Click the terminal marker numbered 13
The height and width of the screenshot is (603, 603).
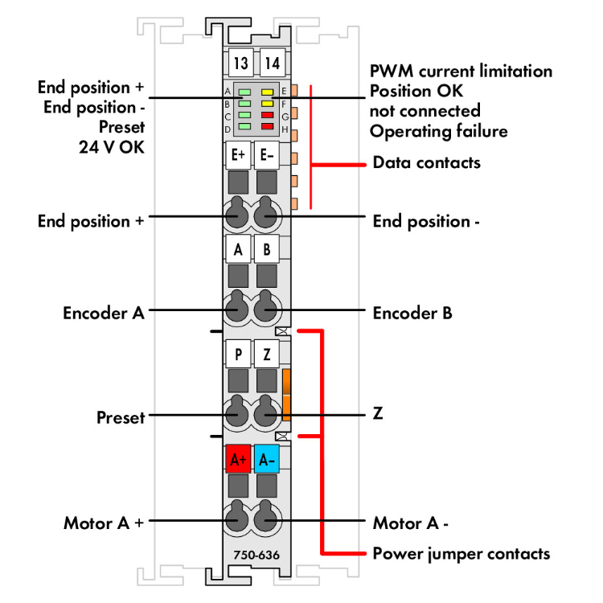click(239, 63)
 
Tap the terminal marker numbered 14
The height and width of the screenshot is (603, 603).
click(269, 63)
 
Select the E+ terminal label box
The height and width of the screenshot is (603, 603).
click(239, 156)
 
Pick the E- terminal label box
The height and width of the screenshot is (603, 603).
click(267, 156)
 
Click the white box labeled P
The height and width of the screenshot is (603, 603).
click(239, 353)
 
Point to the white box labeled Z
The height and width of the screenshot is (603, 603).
click(267, 353)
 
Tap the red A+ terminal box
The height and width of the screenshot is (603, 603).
click(238, 460)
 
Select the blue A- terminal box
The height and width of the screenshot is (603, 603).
click(267, 460)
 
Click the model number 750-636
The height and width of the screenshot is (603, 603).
click(251, 554)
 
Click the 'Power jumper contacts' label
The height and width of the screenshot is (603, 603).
click(461, 553)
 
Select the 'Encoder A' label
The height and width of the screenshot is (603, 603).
click(104, 314)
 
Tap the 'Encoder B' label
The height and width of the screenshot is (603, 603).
click(412, 314)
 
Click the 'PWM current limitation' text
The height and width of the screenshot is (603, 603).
click(461, 71)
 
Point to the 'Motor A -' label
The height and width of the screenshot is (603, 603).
click(410, 523)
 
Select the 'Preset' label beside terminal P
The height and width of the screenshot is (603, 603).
click(121, 417)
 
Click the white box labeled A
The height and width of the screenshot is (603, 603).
click(238, 250)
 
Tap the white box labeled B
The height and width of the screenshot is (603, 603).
click(267, 250)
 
